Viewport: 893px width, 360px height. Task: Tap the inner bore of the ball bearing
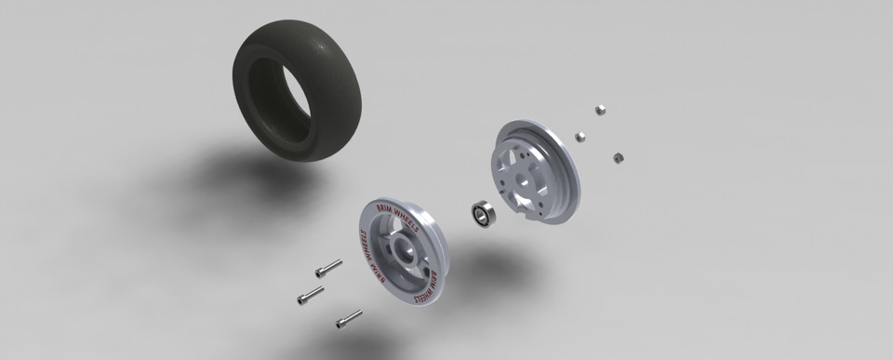[482, 216]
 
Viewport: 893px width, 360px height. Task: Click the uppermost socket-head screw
[322, 271]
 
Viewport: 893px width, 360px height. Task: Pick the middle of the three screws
[310, 296]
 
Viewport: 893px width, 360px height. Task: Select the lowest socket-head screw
[349, 319]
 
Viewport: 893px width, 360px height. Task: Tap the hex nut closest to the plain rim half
[580, 138]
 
